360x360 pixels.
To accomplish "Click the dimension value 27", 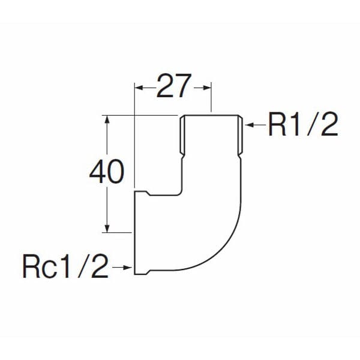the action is pos(174,86).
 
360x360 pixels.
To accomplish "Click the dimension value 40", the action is pos(107,172).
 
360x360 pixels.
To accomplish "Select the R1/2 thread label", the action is pos(303,125).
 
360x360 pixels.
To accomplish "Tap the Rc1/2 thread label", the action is pos(65,267).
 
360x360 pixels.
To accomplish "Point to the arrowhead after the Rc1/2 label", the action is pos(127,268).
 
